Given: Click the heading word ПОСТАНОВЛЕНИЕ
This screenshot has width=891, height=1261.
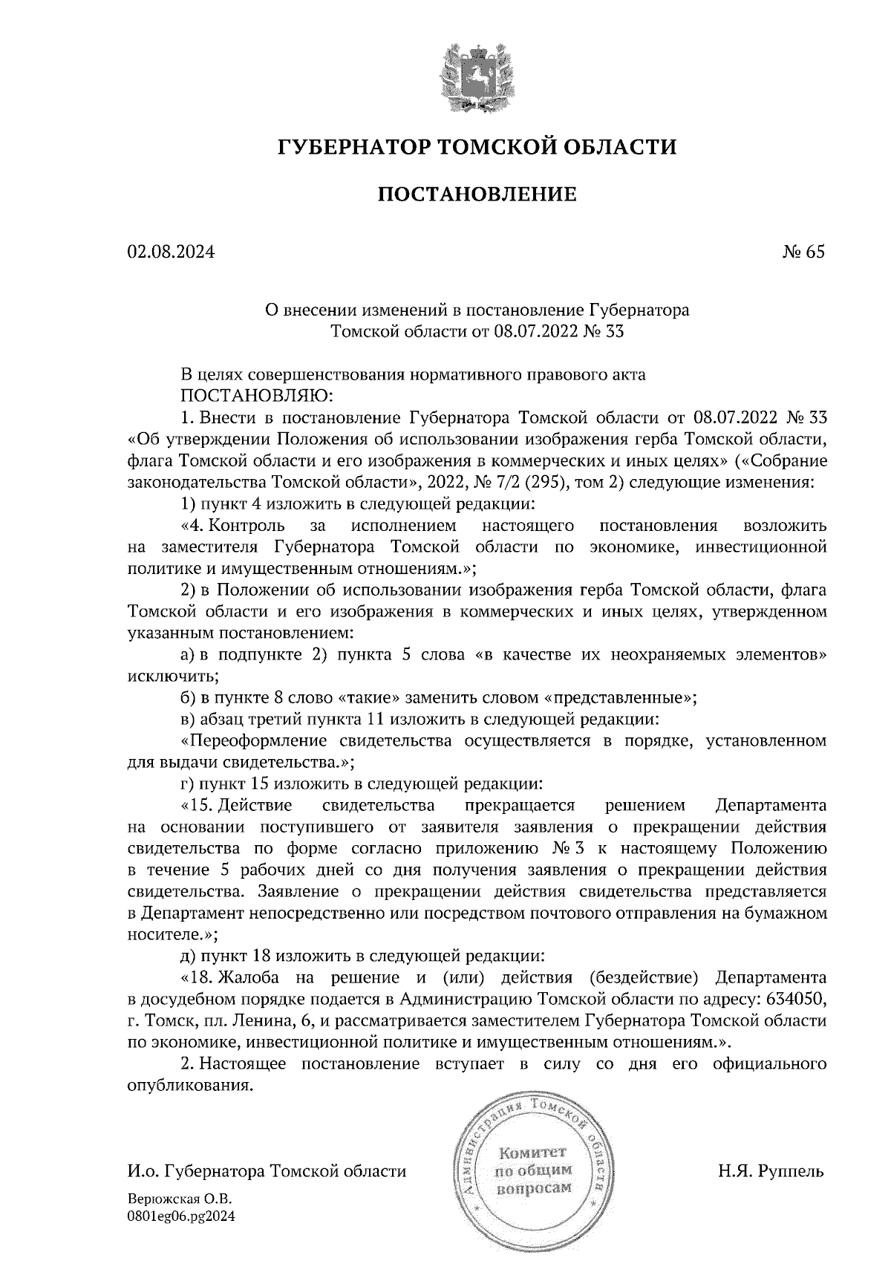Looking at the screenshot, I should tap(477, 195).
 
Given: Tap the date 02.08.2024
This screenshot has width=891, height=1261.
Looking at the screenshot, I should tap(171, 252).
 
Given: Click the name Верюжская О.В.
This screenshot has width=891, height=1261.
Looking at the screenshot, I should tap(180, 1199).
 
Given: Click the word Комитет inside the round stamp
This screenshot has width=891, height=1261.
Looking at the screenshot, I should tap(532, 1153).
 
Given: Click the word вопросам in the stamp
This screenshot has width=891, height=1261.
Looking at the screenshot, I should tap(533, 1187).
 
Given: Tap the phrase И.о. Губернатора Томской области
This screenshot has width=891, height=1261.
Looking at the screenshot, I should tap(267, 1172).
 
